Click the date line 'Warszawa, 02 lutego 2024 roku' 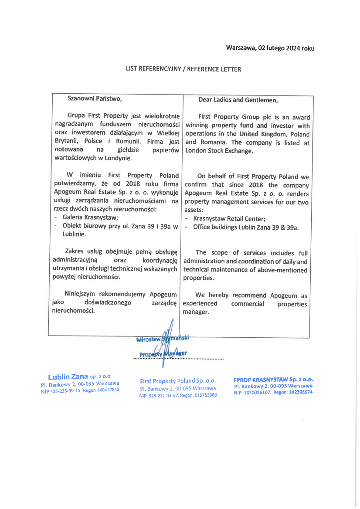pos(270,48)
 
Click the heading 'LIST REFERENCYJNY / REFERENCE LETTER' pos(183,69)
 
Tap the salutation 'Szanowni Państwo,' pos(95,98)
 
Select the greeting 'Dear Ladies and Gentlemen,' pos(238,100)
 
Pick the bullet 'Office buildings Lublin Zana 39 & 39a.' pos(246,227)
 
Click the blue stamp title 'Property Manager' pos(163,353)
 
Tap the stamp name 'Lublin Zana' pos(68,376)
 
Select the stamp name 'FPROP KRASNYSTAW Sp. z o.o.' pos(273,380)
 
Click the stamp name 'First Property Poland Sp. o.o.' pos(178,381)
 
